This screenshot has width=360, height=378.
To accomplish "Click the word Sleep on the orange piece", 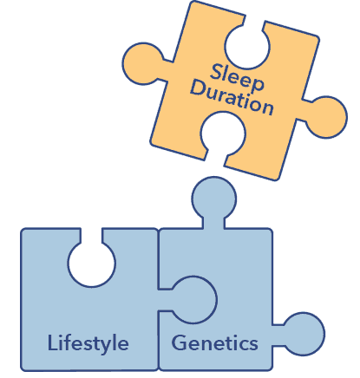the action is tap(237, 77).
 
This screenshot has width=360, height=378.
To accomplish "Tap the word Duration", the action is tap(232, 98).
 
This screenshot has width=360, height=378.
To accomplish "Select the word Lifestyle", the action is tap(88, 344).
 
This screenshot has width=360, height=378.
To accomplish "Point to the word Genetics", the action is tap(214, 343).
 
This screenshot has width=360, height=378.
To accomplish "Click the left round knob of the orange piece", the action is tap(144, 63).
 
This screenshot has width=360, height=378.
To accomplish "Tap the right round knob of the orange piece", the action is tap(326, 117).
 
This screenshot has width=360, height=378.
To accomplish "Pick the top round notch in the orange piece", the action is tap(247, 46).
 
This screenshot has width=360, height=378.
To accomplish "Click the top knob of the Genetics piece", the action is tap(214, 199).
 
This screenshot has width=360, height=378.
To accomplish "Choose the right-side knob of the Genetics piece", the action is tap(304, 334).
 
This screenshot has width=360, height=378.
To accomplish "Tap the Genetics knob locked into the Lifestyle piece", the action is tap(193, 300).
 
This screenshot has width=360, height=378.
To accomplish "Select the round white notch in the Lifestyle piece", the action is tap(92, 264).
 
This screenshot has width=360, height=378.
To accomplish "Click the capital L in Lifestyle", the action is tap(52, 342).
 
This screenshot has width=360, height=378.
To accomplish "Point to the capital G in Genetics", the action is tap(180, 343).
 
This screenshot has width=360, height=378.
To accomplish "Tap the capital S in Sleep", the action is tap(216, 71).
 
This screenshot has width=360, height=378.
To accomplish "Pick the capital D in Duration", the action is tap(199, 88).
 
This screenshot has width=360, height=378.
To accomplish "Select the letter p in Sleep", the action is tap(257, 84).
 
